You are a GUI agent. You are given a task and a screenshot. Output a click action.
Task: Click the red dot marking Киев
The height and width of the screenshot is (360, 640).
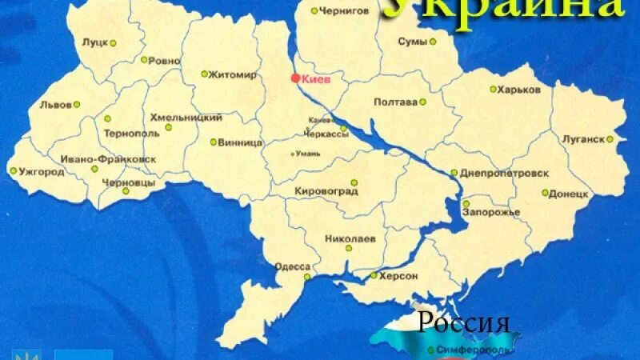tap(295, 78)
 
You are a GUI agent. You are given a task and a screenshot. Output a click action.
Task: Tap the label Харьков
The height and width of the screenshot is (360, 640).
tap(518, 90)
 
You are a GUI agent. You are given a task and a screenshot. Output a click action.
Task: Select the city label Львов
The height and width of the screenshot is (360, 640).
tap(55, 104)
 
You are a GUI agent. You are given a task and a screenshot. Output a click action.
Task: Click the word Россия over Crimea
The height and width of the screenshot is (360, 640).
tap(464, 323)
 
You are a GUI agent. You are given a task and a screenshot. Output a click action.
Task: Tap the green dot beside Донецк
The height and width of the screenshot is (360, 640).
tap(545, 193)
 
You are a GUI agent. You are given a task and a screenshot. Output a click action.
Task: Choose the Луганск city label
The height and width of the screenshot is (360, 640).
tap(582, 138)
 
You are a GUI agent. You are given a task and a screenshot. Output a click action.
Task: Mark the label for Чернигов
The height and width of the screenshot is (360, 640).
tap(344, 11)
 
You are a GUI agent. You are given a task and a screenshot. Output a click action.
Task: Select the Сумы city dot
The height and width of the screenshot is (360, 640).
tap(433, 42)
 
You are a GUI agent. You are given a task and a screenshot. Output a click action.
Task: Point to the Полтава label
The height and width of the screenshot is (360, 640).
tap(395, 102)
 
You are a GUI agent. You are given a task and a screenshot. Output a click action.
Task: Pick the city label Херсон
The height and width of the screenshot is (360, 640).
tap(399, 275)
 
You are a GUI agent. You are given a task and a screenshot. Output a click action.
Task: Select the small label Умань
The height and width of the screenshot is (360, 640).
tap(308, 153)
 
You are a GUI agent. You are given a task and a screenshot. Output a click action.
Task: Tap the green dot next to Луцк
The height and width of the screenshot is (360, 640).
tap(113, 43)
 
